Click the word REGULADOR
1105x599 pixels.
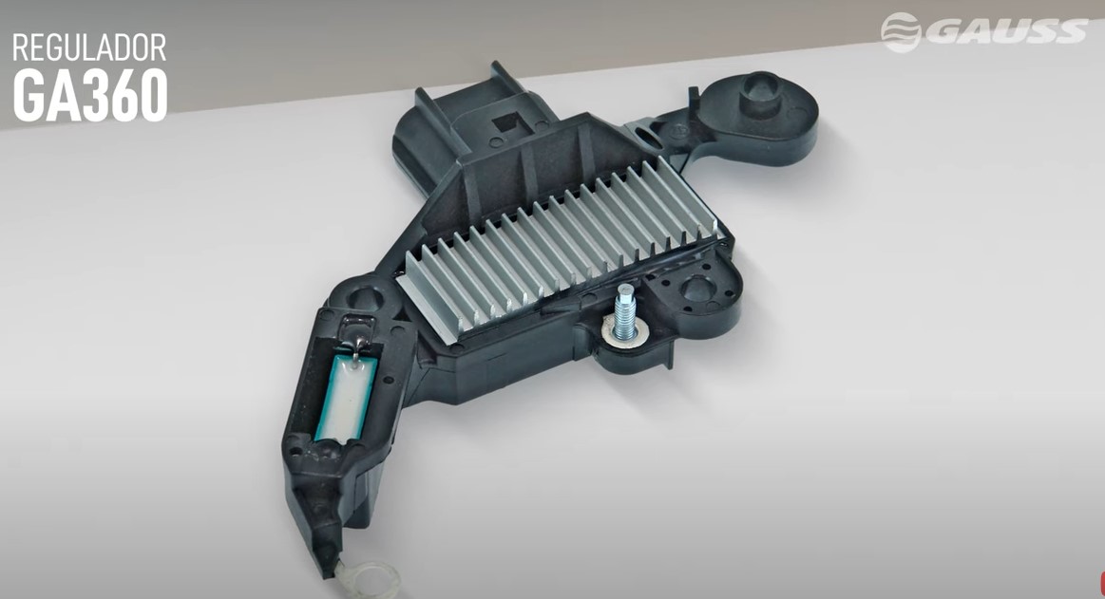click(x=88, y=47)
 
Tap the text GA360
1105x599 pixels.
click(x=90, y=95)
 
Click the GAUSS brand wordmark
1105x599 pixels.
click(x=1006, y=31)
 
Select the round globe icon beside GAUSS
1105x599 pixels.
click(x=901, y=31)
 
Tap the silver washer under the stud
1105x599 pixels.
click(x=622, y=333)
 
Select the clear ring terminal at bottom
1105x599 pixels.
click(x=374, y=577)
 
